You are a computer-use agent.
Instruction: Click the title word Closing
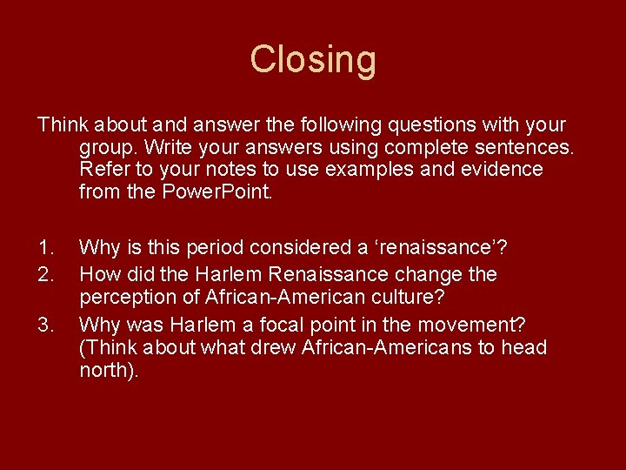click(x=313, y=60)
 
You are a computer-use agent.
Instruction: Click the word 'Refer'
click(x=102, y=169)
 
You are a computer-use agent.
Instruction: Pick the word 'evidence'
click(x=498, y=169)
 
